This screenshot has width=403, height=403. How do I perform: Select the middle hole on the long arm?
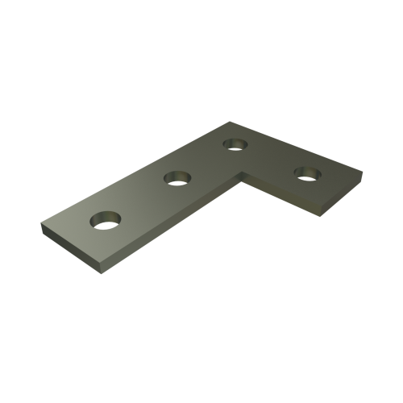[177, 177]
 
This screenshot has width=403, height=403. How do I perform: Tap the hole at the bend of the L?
[235, 145]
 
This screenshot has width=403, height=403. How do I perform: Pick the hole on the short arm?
[307, 172]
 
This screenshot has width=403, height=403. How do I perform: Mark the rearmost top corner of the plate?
[232, 122]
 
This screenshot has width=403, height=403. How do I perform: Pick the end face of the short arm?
[330, 201]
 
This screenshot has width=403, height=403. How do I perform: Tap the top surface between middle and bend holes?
[206, 161]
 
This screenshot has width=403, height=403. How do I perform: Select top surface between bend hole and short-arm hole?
[270, 158]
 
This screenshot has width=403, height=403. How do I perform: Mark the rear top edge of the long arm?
[137, 172]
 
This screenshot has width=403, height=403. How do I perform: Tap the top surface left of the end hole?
[73, 226]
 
